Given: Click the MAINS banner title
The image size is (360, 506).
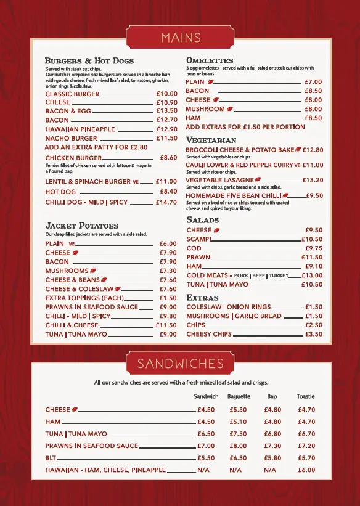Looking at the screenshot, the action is click(180, 38).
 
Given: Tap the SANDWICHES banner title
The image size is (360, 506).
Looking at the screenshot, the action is click(180, 363).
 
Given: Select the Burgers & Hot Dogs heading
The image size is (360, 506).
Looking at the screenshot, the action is click(89, 61).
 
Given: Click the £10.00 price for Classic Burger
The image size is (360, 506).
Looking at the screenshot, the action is click(166, 94).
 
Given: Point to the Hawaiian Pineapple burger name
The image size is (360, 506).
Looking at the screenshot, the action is click(80, 129).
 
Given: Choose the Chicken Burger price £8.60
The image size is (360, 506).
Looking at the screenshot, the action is click(168, 158).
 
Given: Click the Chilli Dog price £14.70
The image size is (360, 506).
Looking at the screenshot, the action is click(166, 202).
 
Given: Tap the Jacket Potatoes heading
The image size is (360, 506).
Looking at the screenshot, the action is click(82, 226).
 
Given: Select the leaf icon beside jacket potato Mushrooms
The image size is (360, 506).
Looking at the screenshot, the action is click(94, 271).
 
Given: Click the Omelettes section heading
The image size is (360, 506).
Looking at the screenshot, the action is click(210, 60).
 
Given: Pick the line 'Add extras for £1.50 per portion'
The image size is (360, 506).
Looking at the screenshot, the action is click(245, 127).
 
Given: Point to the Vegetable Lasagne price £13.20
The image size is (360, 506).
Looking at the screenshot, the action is click(313, 180).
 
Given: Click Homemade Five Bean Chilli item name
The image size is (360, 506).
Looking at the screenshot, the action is click(234, 195).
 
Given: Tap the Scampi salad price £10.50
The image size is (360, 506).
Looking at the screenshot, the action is click(311, 239).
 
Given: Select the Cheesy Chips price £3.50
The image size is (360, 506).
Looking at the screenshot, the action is click(314, 334).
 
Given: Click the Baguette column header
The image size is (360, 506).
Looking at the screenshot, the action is click(239, 396).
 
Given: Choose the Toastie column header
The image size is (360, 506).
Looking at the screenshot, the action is click(306, 396).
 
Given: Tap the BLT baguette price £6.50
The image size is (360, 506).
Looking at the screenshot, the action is click(238, 458).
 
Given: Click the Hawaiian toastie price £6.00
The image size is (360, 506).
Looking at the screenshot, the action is click(306, 470).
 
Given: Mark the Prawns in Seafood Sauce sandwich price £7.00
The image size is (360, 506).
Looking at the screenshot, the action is click(206, 446).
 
